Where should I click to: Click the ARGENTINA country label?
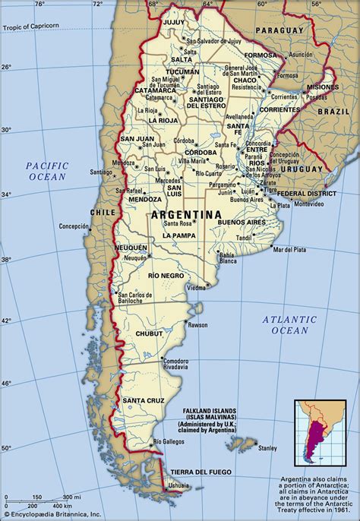(x=186, y=215)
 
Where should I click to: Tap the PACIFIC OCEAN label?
(x=47, y=171)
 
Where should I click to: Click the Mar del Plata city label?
(x=289, y=249)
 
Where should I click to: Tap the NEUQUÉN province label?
(x=131, y=248)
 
